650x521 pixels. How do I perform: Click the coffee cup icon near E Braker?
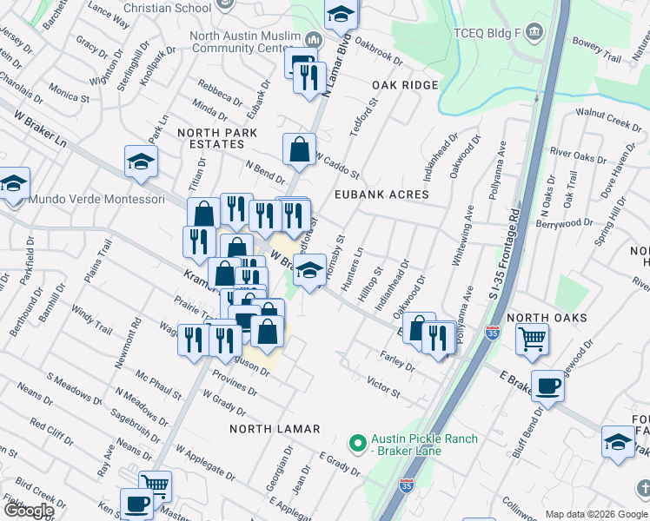(x=547, y=385)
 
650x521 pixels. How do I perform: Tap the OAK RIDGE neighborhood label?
(x=405, y=85)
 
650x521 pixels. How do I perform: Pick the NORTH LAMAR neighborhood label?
(x=275, y=429)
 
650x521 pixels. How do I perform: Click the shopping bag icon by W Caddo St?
(x=299, y=148)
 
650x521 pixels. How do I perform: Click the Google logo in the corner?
(x=28, y=511)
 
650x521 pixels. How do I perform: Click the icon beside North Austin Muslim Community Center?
(x=313, y=41)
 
